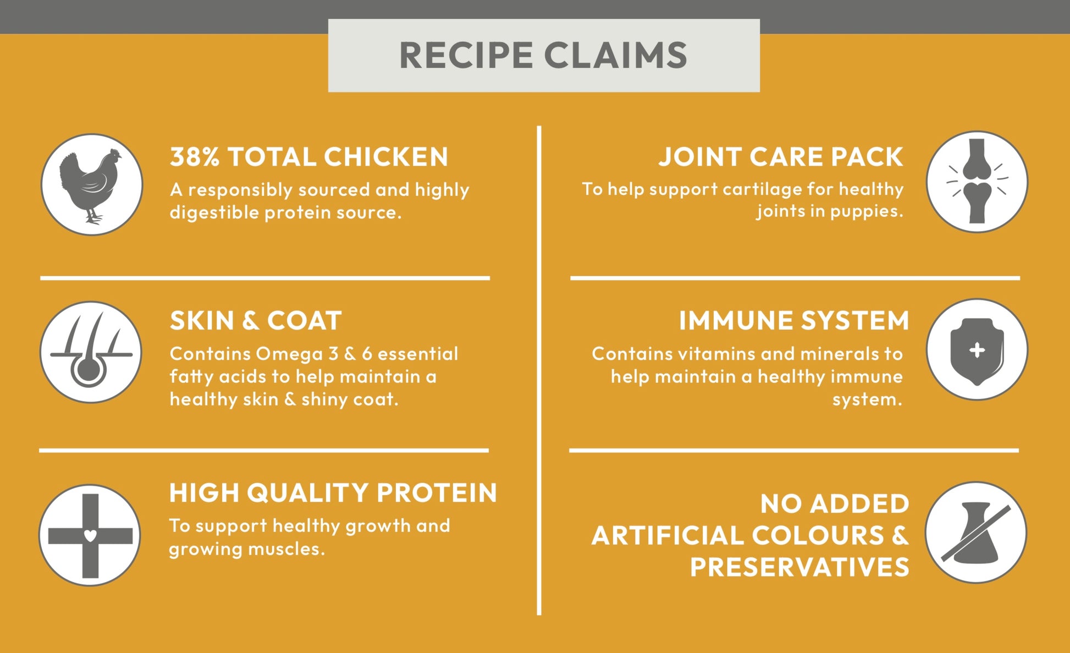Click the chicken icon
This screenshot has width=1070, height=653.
91,184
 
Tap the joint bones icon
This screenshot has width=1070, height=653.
977,182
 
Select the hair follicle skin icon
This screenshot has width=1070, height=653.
91,352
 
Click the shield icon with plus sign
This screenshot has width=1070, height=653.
977,350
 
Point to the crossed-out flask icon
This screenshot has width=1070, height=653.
975,533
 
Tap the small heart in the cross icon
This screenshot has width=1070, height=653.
90,535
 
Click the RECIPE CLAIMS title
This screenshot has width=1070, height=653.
543,55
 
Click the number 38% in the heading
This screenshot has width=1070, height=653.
195,157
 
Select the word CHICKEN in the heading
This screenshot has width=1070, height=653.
386,157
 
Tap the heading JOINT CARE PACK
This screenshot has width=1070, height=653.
781,157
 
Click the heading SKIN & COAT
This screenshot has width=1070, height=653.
256,321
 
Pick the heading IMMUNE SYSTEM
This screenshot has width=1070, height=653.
794,321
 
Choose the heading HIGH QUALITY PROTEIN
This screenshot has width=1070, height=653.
333,493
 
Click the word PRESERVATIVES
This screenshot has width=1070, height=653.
799,567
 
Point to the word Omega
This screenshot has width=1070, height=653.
289,354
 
